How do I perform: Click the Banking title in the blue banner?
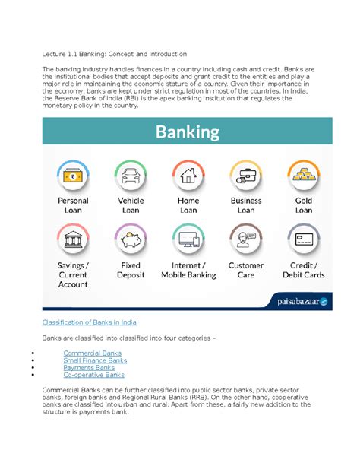[188, 132]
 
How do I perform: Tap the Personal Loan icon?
[73, 176]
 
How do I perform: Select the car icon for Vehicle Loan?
[131, 176]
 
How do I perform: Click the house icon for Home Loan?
[188, 176]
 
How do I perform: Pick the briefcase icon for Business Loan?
[246, 176]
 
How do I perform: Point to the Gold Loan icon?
[304, 176]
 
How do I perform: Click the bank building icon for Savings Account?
[73, 240]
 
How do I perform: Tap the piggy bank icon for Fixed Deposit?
[131, 240]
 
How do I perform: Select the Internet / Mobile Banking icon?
[188, 240]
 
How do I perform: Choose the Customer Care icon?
[246, 240]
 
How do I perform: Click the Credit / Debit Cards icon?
[304, 240]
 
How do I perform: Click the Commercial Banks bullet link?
[92, 353]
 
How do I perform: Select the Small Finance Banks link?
[95, 360]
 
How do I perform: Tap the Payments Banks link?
[89, 368]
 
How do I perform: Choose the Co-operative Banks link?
[93, 375]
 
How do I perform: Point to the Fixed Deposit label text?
[131, 271]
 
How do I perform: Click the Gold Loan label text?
[304, 205]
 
